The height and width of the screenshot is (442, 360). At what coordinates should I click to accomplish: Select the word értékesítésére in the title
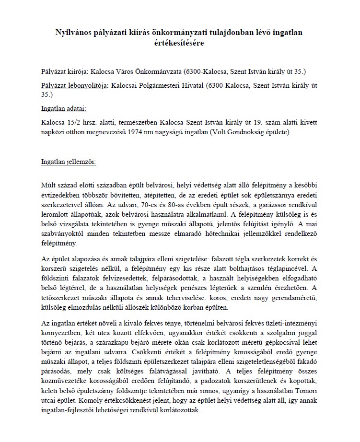pyautogui.click(x=179, y=43)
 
